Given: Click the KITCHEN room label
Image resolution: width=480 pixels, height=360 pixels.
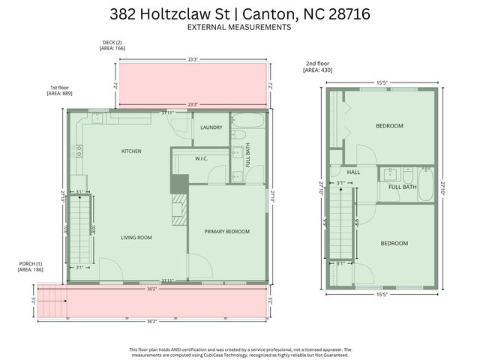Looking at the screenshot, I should coord(131,151).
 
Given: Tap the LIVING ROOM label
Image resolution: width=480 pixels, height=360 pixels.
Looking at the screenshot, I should coord(136,238).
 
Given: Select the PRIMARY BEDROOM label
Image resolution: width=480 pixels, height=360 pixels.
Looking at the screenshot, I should coord(227,232).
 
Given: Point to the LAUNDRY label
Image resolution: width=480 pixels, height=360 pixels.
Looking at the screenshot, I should coord(211,127).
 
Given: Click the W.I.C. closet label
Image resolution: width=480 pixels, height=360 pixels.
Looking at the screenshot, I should coord(201,158).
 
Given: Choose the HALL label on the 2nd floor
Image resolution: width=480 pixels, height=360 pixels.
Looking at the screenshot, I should coord(353,172).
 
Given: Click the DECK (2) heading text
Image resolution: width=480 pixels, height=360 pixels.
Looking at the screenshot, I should coord(112,42).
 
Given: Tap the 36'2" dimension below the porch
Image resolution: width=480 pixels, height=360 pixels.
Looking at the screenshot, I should coord(152,321).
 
